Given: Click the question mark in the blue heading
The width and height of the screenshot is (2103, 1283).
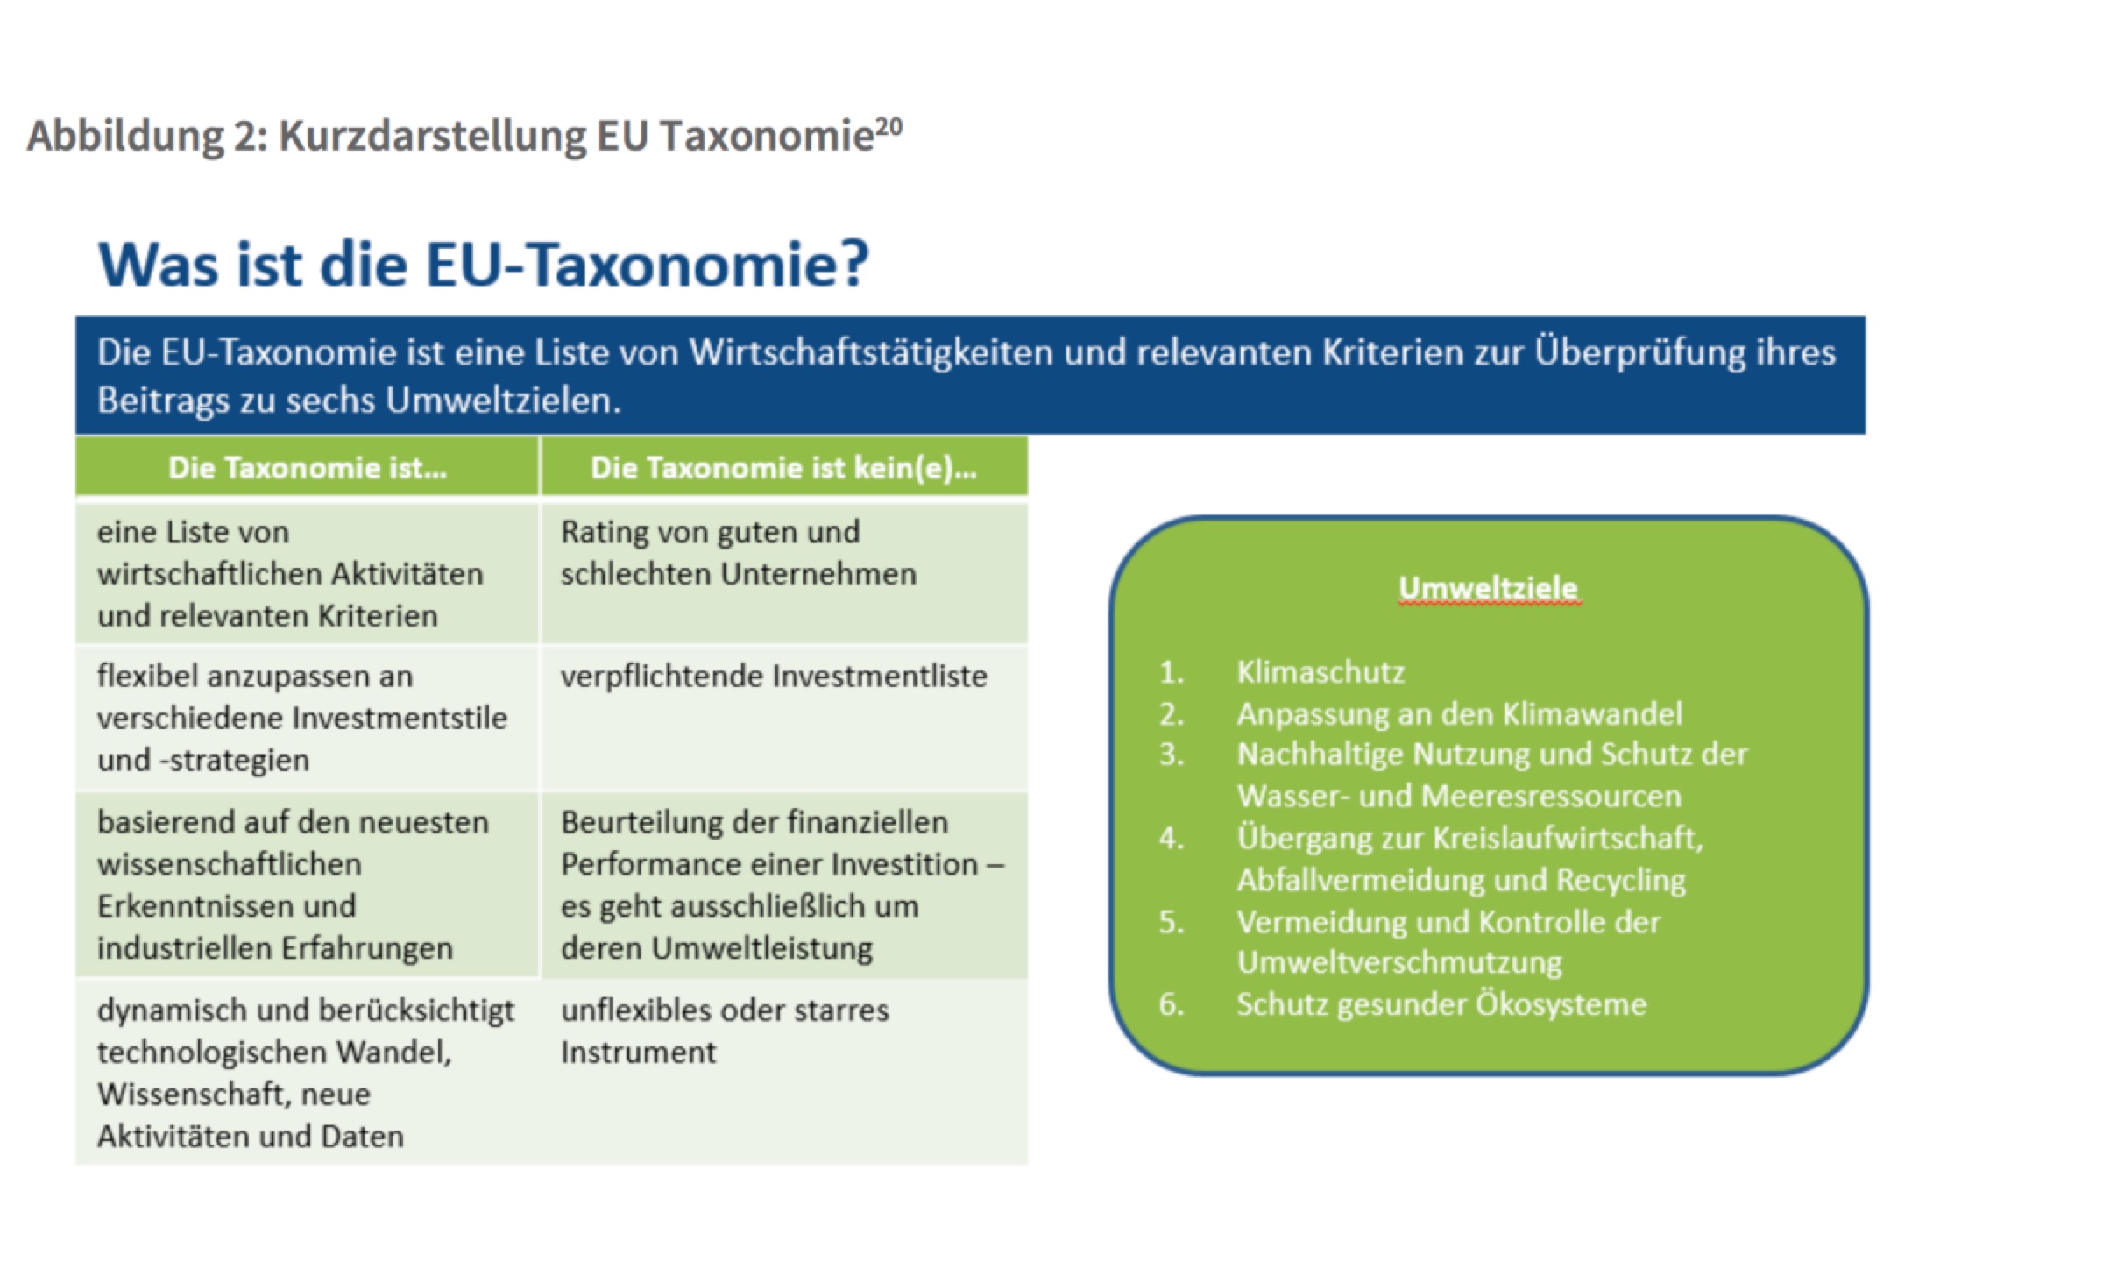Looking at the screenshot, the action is click(x=849, y=263).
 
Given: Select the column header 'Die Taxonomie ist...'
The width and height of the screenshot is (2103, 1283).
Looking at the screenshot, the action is click(x=308, y=468).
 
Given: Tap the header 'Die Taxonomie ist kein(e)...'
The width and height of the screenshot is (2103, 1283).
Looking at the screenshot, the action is click(x=783, y=468).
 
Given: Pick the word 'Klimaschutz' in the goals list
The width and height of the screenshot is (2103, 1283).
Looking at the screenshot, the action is click(x=1321, y=672).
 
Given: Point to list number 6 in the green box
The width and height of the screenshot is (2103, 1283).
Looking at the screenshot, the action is click(x=1172, y=1004).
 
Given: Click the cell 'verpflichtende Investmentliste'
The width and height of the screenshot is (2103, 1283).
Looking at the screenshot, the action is click(x=774, y=676).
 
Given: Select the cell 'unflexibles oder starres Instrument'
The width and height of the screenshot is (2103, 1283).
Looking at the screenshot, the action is click(x=725, y=1031).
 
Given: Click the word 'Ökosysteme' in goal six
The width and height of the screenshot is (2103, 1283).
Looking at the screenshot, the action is click(x=1561, y=1003).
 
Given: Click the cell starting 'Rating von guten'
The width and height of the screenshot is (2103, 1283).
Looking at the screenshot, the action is click(x=739, y=553).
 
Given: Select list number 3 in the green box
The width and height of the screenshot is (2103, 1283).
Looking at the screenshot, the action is click(x=1172, y=755).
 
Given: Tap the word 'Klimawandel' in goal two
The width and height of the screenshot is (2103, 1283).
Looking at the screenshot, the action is click(x=1593, y=713).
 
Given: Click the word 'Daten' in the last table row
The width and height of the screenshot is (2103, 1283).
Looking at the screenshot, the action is click(x=363, y=1137).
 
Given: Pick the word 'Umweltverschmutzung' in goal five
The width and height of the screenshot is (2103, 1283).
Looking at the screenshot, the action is click(x=1399, y=963).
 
